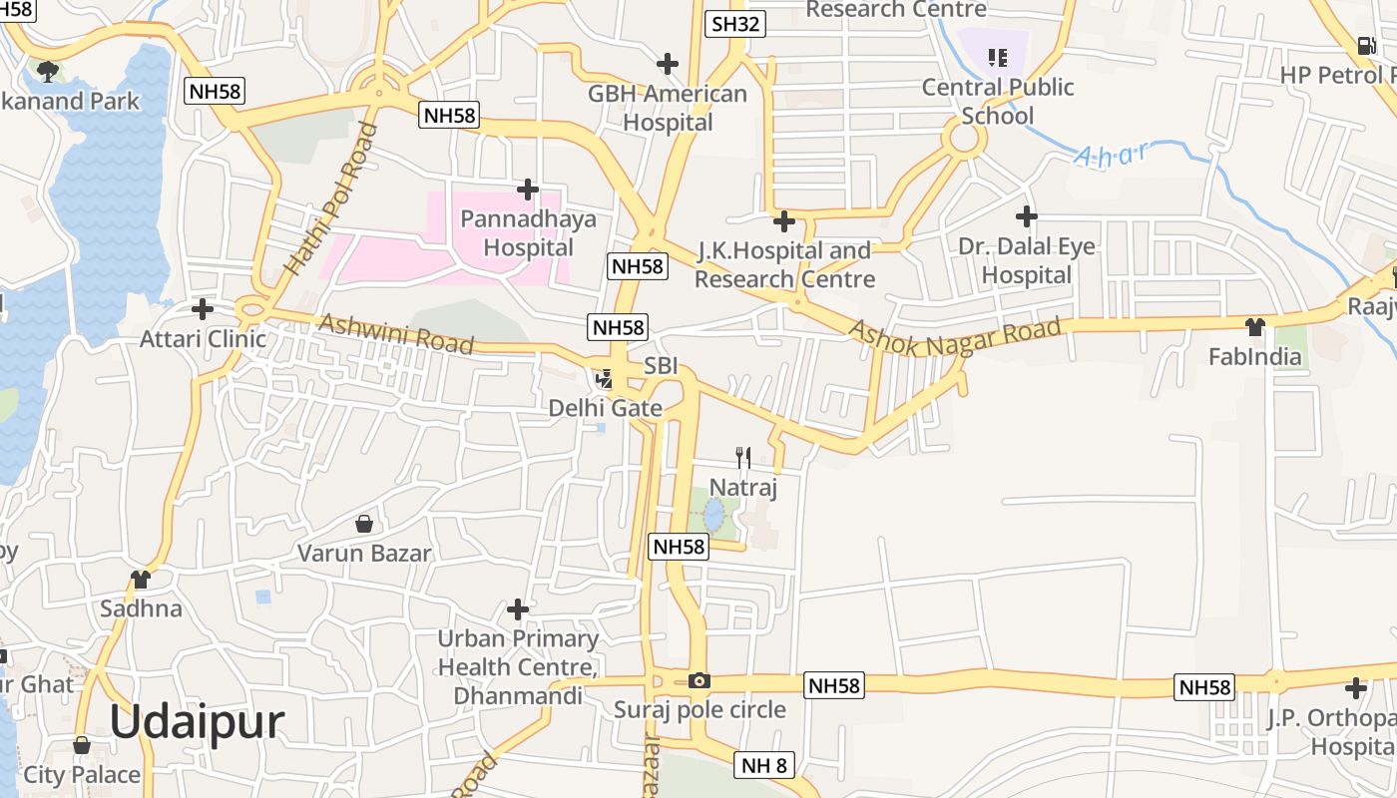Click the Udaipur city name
point(197,721)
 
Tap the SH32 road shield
point(734,24)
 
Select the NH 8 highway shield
point(765,766)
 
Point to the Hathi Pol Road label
point(331,199)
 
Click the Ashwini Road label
point(395,334)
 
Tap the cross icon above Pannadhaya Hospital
point(528,189)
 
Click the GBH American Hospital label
point(667,108)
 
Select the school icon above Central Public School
point(997,57)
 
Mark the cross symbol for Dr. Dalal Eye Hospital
point(1026,215)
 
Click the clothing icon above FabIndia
point(1254,326)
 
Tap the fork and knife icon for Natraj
point(742,458)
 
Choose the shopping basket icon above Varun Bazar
point(364,523)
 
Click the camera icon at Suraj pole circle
point(699,680)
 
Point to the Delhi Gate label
point(605,408)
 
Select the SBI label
point(661,366)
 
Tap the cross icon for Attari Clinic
point(203,308)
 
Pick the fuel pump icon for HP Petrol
point(1365,45)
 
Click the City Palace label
point(82,774)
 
